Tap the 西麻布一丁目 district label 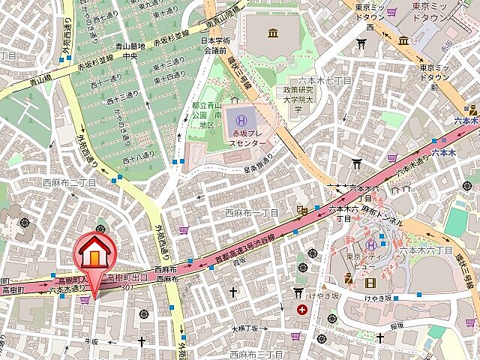point(252,213)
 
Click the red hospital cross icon point(301,309)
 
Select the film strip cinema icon point(370,282)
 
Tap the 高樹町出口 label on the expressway point(127,277)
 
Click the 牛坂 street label point(91,341)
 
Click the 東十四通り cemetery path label point(170,76)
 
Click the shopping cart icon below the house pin point(85,299)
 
